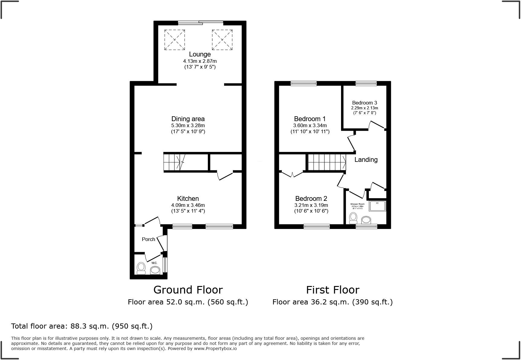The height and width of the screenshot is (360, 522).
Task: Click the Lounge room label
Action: pyautogui.click(x=200, y=54)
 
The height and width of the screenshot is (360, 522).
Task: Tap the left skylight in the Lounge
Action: pyautogui.click(x=175, y=40)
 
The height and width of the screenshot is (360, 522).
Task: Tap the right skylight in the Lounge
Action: pyautogui.click(x=222, y=40)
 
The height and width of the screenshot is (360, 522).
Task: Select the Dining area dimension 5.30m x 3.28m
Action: pyautogui.click(x=188, y=125)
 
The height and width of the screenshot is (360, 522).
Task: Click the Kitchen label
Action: pyautogui.click(x=188, y=198)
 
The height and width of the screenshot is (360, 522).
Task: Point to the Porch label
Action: pyautogui.click(x=148, y=239)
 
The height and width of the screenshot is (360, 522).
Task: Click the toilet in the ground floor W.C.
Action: pyautogui.click(x=141, y=268)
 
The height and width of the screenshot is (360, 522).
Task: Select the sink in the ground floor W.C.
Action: pyautogui.click(x=155, y=270)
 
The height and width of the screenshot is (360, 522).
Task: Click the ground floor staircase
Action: pyautogui.click(x=175, y=162)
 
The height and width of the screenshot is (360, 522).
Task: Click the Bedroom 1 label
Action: pyautogui.click(x=310, y=119)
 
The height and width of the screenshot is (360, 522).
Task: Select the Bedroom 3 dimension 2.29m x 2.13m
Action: pyautogui.click(x=364, y=108)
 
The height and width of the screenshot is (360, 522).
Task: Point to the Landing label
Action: pyautogui.click(x=366, y=159)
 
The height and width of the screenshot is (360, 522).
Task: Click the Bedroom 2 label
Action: pyautogui.click(x=311, y=198)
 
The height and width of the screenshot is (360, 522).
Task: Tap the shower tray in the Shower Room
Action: pyautogui.click(x=377, y=206)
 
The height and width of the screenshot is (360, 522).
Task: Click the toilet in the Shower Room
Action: pyautogui.click(x=353, y=217)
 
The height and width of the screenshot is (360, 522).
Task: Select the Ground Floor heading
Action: pyautogui.click(x=188, y=290)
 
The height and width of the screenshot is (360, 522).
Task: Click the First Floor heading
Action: pyautogui.click(x=333, y=290)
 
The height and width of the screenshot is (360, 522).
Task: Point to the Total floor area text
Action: pyautogui.click(x=82, y=326)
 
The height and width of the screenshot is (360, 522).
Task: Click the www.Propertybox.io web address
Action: pyautogui.click(x=215, y=349)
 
